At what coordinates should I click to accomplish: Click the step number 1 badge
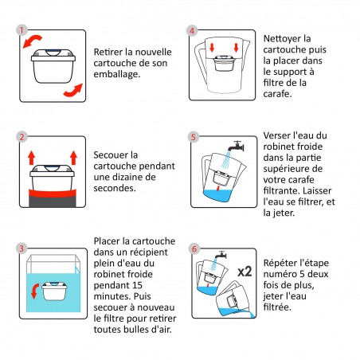22,30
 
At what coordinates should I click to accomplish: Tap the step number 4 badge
192,30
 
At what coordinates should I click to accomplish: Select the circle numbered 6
192,248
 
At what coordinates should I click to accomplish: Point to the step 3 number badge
22,248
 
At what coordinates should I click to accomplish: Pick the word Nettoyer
286,37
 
